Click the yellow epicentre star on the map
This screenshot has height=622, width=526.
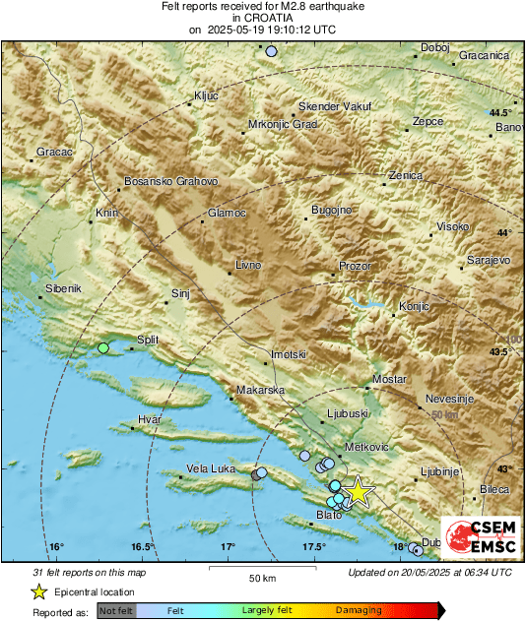coord(360,491)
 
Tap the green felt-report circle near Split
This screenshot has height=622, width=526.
coord(103,347)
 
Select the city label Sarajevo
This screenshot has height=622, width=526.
coord(487,260)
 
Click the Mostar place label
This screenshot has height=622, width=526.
coord(390,379)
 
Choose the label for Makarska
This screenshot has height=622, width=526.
coord(260,391)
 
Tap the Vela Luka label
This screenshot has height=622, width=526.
coord(211,468)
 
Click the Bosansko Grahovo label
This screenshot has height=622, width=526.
coord(170,182)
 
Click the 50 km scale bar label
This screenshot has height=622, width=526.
coord(261,577)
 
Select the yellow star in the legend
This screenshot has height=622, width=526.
coord(38,591)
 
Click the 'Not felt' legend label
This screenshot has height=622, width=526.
coord(115,611)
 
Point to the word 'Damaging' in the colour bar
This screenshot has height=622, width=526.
coord(352,611)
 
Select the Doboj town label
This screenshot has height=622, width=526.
coord(434,47)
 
